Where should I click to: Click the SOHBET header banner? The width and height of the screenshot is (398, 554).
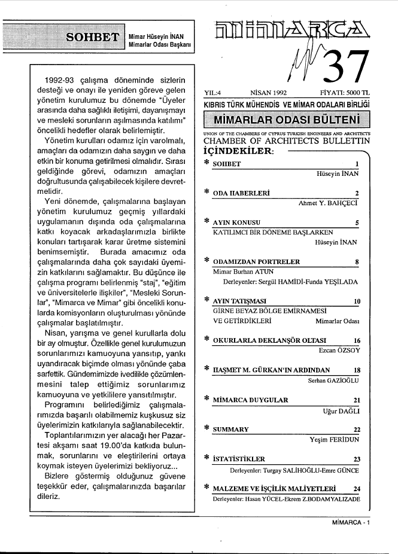pos(93,37)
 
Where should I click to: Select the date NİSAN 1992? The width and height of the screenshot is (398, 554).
pos(269,93)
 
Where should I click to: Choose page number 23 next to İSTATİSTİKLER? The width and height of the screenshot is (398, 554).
pos(357,459)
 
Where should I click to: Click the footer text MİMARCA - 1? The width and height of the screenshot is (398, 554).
pos(351,522)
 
